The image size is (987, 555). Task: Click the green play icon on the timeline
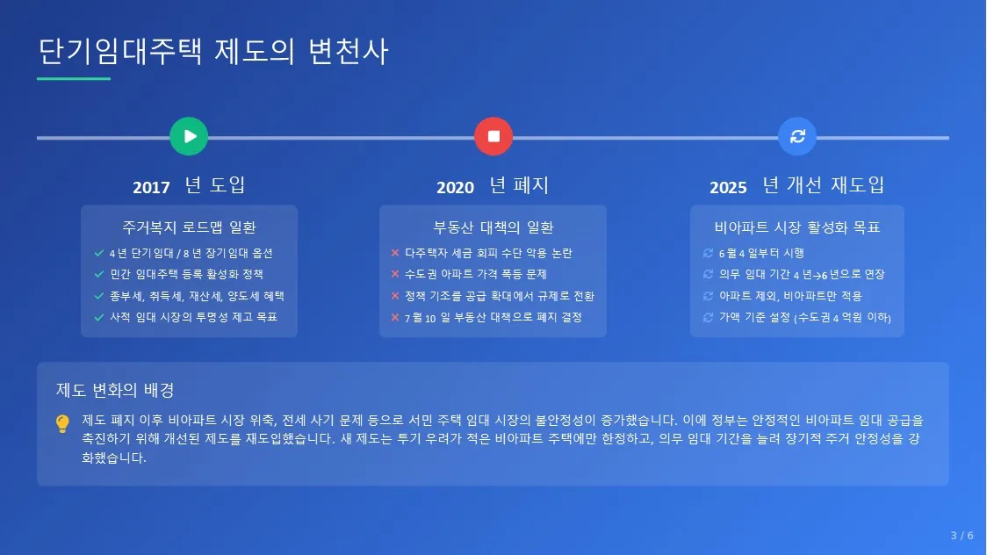coord(189,136)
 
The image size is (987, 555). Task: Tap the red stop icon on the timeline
coord(493,136)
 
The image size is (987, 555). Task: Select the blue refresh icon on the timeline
coord(797,136)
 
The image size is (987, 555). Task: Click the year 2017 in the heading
coord(151,188)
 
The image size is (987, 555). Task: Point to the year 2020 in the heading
coord(455,188)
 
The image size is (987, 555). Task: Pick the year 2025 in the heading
coord(728,188)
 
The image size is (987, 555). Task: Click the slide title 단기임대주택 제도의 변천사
coord(213,51)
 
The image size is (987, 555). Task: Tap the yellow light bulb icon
coord(62,423)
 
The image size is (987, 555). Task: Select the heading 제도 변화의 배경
coord(115,390)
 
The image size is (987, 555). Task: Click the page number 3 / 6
coord(962,536)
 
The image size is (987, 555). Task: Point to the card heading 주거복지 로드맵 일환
coord(189,227)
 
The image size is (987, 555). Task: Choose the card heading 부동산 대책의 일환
coord(493,227)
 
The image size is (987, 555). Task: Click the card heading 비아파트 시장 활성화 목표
coord(797,227)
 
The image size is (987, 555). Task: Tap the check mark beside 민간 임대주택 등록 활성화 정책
coord(99,274)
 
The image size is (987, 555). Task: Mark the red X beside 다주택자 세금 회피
coord(395,253)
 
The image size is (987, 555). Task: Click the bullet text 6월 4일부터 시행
coord(761,253)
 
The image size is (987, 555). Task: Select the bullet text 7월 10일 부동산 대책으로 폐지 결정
coord(493,318)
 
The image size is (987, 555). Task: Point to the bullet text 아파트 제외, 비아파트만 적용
coord(790,296)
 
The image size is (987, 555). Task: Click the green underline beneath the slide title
coord(74,79)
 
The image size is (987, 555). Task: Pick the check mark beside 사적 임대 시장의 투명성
coord(99,317)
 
